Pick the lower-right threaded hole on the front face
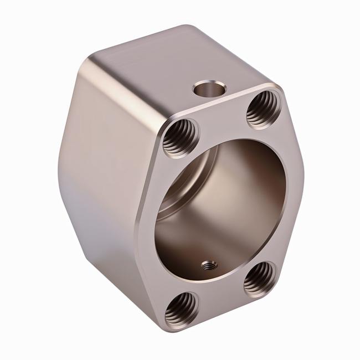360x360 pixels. click(x=259, y=278)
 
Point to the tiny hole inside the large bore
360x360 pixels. click(x=208, y=266)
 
